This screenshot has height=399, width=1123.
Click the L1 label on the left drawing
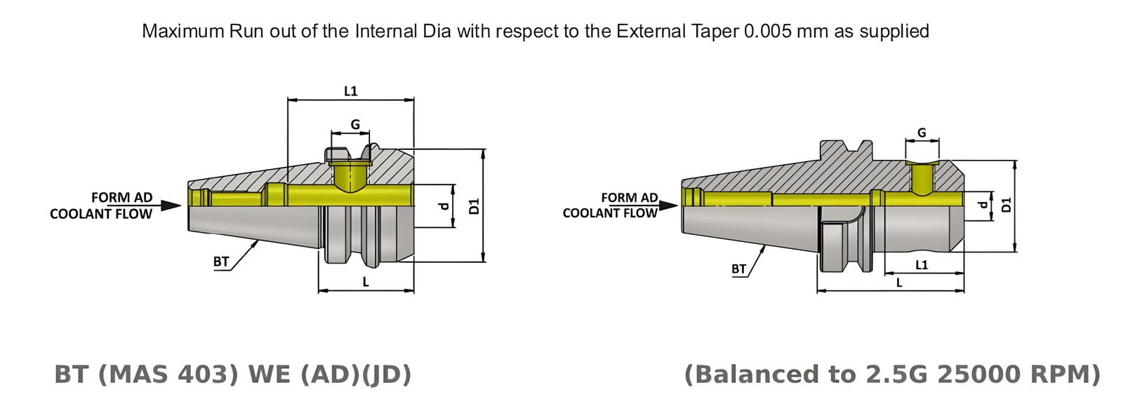[x=351, y=90]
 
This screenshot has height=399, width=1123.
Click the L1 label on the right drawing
[x=922, y=264]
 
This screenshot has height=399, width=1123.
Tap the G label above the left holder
[x=355, y=124]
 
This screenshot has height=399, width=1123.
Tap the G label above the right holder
[x=922, y=133]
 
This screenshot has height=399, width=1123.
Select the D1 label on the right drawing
[x=1006, y=205]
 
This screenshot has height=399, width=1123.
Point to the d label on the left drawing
[x=443, y=206]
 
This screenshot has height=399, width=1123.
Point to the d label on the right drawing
[x=983, y=205]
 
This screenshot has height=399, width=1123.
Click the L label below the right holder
[x=899, y=283]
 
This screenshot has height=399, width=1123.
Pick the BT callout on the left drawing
[x=221, y=262]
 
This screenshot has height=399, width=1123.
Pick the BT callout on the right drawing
[x=738, y=269]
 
